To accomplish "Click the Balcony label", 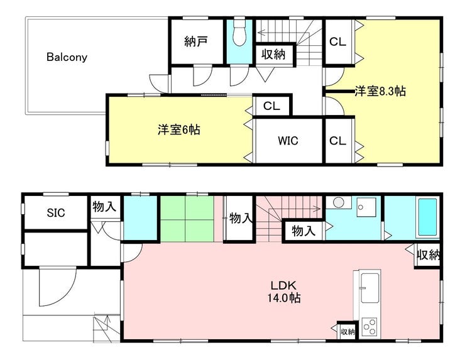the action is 67,57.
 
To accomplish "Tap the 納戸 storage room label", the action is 195,41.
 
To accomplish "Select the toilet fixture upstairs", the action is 239,33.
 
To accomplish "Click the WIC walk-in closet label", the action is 288,141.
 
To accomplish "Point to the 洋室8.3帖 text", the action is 380,91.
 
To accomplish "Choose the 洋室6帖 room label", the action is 179,129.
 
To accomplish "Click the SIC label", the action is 56,212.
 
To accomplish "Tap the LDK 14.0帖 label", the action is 284,292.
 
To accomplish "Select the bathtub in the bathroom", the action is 427,217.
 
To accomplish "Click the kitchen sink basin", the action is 369,288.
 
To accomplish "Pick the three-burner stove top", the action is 369,327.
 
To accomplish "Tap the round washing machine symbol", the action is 338,202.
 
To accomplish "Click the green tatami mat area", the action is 187,219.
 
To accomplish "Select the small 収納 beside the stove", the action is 347,331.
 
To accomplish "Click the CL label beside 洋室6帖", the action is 271,106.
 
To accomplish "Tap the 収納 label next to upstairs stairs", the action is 273,54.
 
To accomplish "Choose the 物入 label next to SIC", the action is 104,207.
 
